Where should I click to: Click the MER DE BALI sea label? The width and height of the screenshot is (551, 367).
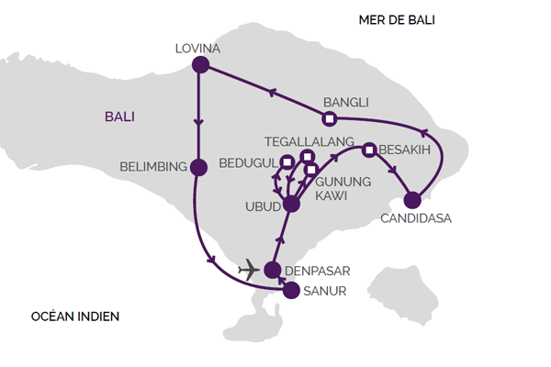397,19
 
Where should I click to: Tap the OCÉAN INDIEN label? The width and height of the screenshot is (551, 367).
75,317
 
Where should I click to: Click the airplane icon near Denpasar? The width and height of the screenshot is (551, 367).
247,270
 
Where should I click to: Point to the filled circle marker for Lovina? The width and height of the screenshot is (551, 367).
199,64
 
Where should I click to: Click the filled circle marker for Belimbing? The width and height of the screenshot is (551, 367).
197,167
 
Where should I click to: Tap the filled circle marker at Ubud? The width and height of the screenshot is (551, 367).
292,204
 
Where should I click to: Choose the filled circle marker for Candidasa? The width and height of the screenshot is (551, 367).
412,199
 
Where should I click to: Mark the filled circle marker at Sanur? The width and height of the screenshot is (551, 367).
290,291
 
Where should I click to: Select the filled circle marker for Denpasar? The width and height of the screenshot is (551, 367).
272,270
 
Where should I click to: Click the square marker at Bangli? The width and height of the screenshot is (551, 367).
329,119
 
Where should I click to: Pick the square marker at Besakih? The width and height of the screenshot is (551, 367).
368,150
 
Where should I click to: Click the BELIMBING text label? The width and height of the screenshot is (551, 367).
153,167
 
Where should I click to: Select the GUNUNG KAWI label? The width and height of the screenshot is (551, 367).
345,189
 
